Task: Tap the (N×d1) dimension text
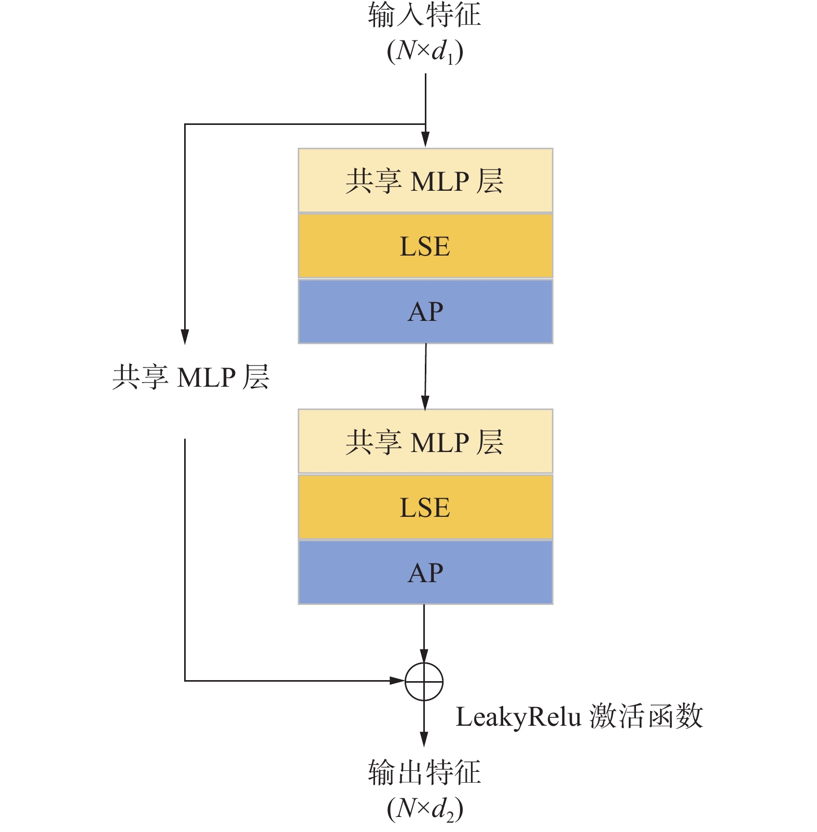tap(424, 51)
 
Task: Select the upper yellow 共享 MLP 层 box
tap(425, 181)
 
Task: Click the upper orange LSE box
tap(425, 246)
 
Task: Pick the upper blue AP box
tap(425, 312)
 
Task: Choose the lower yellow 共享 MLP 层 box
tap(425, 442)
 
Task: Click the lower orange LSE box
tap(425, 507)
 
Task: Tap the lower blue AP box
tap(425, 572)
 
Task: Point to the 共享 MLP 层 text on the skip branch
tap(191, 377)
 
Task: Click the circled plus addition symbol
tap(424, 681)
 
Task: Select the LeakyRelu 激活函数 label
tap(579, 716)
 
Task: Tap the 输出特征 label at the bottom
tap(424, 772)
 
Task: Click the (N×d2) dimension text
tap(424, 809)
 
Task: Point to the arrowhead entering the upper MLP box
tap(425, 139)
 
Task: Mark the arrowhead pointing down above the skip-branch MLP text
tap(185, 336)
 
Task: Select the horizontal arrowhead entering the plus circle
tap(397, 681)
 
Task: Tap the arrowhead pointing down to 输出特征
tap(424, 739)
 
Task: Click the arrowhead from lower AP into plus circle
tap(424, 655)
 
